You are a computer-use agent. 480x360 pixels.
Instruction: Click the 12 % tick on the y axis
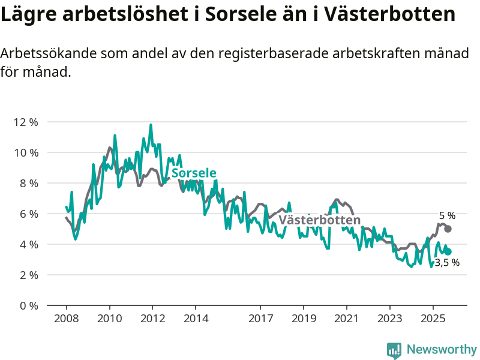click(x=26, y=122)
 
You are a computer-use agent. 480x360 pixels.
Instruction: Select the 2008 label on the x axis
click(x=66, y=317)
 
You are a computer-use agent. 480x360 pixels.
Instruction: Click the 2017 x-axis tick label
click(x=260, y=317)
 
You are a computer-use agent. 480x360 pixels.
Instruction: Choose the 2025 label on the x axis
click(x=433, y=317)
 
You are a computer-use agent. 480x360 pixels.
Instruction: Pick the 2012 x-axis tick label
click(x=152, y=317)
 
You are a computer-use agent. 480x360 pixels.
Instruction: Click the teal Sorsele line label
click(x=194, y=173)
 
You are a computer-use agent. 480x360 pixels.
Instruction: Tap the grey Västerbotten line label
click(x=320, y=220)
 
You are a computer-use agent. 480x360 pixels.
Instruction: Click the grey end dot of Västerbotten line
click(x=448, y=229)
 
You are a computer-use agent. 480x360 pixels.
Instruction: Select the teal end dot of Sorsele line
click(x=448, y=252)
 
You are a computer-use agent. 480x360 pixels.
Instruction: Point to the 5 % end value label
click(x=447, y=216)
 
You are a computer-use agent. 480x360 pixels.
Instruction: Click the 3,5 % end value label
click(x=447, y=263)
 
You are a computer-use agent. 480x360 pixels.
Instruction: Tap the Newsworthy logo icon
click(x=394, y=350)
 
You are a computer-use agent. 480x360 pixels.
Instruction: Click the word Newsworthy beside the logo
click(x=442, y=349)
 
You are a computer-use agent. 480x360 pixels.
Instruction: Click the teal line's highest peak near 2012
click(x=151, y=125)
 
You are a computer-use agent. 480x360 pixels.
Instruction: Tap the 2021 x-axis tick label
click(x=347, y=317)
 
